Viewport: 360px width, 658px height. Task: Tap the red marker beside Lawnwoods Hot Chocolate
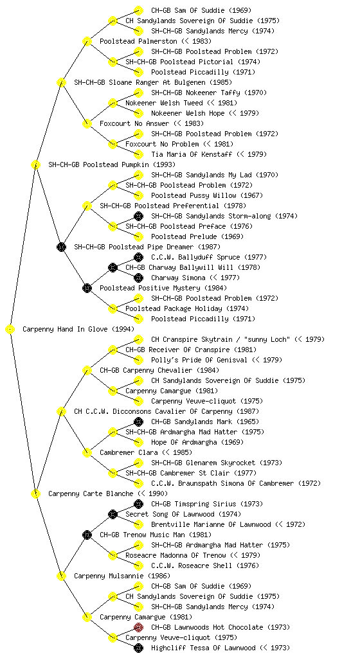point(138,627)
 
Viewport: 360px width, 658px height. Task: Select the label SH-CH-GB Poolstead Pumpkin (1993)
point(112,164)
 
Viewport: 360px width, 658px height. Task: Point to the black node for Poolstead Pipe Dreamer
point(61,247)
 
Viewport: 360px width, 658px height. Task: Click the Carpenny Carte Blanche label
point(91,493)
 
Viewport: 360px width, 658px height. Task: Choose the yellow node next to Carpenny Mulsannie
point(61,576)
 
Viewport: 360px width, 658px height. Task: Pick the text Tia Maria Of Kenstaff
point(192,154)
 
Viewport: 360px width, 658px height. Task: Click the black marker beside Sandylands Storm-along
point(138,216)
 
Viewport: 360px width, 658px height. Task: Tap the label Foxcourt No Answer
point(134,123)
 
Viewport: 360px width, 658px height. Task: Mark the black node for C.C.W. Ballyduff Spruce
point(138,257)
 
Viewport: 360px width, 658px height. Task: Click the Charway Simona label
point(178,278)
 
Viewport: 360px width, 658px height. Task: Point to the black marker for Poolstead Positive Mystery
point(87,288)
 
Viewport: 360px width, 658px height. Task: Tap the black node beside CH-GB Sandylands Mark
point(138,422)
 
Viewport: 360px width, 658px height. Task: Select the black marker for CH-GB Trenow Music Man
point(87,535)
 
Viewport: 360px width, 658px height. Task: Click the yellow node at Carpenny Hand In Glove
point(10,329)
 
